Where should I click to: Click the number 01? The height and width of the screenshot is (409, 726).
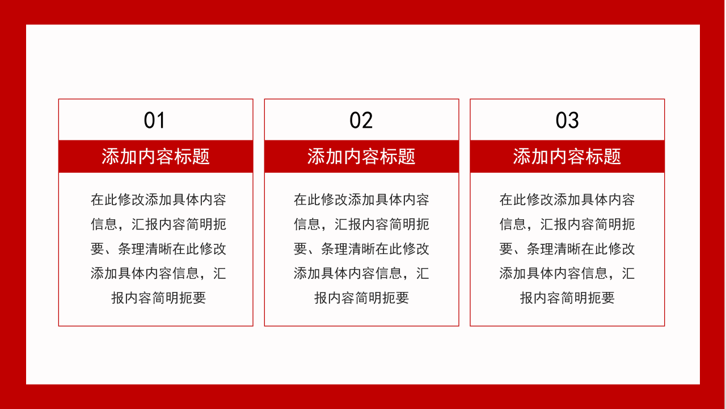(154, 120)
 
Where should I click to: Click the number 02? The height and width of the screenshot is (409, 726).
(361, 120)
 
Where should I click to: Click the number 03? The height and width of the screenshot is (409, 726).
(567, 120)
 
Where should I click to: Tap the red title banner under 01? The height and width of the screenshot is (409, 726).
(155, 156)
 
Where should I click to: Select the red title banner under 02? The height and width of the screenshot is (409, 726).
(361, 156)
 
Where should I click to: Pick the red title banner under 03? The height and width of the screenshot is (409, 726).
(567, 156)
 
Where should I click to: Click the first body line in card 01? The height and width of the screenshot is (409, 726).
(158, 200)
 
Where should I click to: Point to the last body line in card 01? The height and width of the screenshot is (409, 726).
(158, 298)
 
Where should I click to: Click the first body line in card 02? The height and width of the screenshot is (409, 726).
(361, 200)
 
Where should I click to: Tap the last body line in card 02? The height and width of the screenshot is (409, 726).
(361, 298)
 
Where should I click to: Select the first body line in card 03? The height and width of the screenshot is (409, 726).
(567, 200)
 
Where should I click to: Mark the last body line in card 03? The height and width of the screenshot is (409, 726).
(567, 298)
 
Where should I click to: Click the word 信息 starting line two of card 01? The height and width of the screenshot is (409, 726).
(104, 224)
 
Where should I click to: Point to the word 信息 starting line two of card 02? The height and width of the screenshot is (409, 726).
(307, 224)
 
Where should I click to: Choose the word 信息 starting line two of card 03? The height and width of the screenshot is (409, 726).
(513, 224)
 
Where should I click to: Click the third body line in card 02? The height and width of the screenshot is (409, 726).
(361, 249)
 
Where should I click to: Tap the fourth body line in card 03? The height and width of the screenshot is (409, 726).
(567, 273)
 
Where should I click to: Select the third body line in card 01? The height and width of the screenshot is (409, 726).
(158, 249)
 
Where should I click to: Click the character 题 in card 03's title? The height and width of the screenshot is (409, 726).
(613, 156)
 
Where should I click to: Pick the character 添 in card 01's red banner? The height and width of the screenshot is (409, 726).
(111, 156)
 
